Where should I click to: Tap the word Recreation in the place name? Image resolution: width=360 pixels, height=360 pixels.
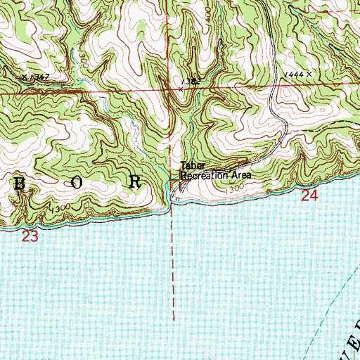[x=203, y=176]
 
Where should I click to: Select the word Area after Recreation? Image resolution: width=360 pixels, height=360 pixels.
[x=238, y=176]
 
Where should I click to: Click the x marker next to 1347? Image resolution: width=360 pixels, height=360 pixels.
[x=24, y=76]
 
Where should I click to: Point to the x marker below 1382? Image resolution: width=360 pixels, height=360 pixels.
[x=180, y=89]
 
